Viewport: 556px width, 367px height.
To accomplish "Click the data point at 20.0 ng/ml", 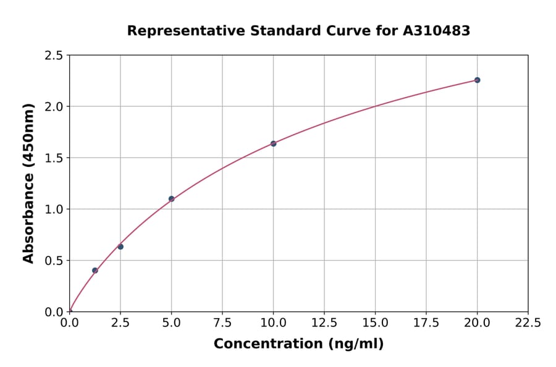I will tap(477, 80).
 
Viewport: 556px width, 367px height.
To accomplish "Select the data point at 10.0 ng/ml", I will tap(273, 143).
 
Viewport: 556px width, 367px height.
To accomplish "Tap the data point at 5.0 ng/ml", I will tap(171, 199).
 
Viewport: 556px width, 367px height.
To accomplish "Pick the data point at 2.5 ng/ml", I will tap(120, 247).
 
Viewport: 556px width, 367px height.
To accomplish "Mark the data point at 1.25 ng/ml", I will tap(95, 270).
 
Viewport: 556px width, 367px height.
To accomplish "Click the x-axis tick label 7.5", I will tap(222, 323).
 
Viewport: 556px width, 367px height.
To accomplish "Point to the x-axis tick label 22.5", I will tap(528, 323).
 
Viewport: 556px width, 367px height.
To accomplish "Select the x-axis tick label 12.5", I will tap(324, 323).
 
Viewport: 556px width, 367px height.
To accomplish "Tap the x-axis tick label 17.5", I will tap(426, 323).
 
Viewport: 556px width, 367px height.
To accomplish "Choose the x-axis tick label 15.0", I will tap(375, 323).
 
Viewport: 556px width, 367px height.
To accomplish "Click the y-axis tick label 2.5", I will tap(54, 56).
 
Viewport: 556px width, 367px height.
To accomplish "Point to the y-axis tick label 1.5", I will tap(54, 158).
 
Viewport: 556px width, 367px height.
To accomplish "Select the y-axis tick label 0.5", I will tap(54, 261).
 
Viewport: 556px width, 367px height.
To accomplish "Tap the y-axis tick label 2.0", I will tap(54, 107).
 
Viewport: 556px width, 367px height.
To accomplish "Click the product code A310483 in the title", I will tap(437, 30).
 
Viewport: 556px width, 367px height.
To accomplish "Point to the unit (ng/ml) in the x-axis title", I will tap(355, 344).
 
